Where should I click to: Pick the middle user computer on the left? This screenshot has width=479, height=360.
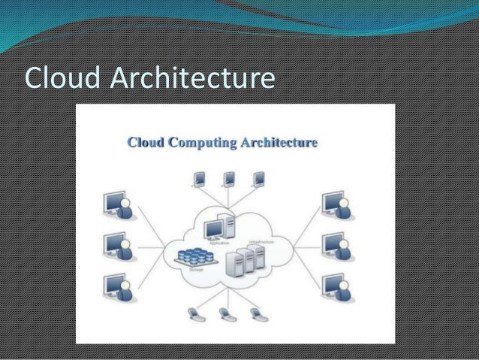(x=117, y=246)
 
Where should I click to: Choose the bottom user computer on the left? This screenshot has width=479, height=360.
(x=117, y=286)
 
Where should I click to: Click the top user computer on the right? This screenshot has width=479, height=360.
(x=333, y=205)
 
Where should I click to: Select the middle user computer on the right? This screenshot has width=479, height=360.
(x=333, y=246)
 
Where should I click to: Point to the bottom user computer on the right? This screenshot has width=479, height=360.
(x=333, y=286)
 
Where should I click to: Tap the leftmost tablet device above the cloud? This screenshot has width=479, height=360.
(x=200, y=179)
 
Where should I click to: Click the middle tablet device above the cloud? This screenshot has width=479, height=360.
(x=229, y=179)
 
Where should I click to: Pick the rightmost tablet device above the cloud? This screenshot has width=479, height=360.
(x=259, y=179)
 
